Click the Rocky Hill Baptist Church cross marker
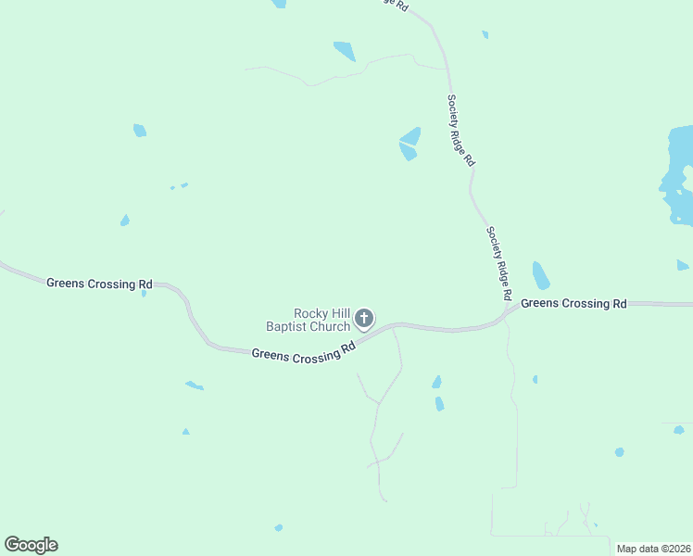pyautogui.click(x=364, y=320)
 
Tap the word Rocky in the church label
pyautogui.click(x=310, y=313)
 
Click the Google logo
pyautogui.click(x=31, y=545)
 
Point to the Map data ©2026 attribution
pyautogui.click(x=653, y=549)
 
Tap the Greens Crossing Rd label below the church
pyautogui.click(x=304, y=353)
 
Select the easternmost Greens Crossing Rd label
pyautogui.click(x=573, y=303)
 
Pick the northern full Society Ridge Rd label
pyautogui.click(x=460, y=130)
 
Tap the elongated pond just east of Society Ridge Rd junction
pyautogui.click(x=541, y=275)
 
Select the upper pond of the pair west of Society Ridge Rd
pyautogui.click(x=410, y=135)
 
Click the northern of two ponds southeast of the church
pyautogui.click(x=436, y=382)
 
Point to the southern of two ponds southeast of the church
pyautogui.click(x=439, y=404)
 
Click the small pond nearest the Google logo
pyautogui.click(x=279, y=528)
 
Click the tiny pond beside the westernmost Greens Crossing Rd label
pyautogui.click(x=144, y=294)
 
